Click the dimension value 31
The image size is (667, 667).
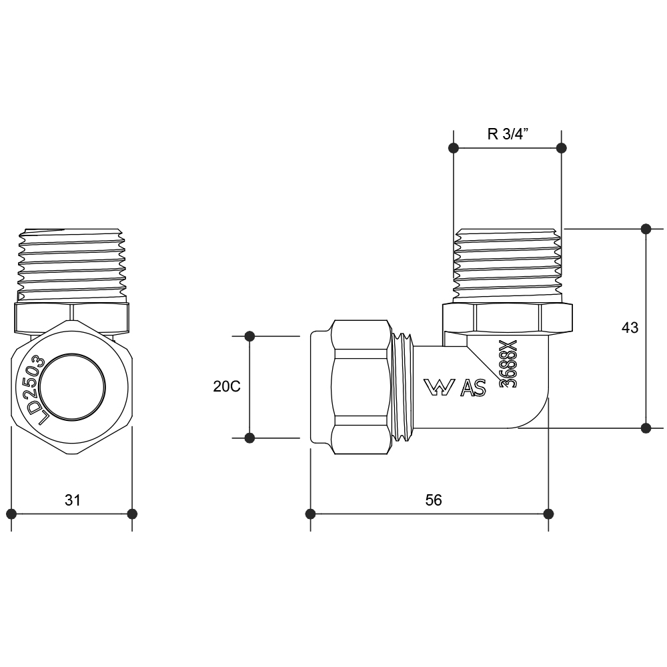pyautogui.click(x=73, y=500)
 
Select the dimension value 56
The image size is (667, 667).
pyautogui.click(x=434, y=500)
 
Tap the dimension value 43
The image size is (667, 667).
pyautogui.click(x=630, y=327)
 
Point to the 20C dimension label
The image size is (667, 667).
pyautogui.click(x=227, y=386)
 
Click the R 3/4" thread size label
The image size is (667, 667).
pyautogui.click(x=508, y=133)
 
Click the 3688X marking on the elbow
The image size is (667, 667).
pyautogui.click(x=509, y=364)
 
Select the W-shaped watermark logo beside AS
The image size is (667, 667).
pyautogui.click(x=439, y=388)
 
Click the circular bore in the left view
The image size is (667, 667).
pyautogui.click(x=72, y=387)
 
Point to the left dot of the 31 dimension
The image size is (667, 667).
pyautogui.click(x=11, y=514)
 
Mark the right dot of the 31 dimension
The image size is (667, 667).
pyautogui.click(x=132, y=514)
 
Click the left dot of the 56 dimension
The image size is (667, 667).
pyautogui.click(x=311, y=514)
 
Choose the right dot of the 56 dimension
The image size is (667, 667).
pyautogui.click(x=548, y=514)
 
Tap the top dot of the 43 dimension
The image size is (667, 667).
pyautogui.click(x=646, y=229)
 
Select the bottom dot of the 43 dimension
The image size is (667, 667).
pyautogui.click(x=646, y=428)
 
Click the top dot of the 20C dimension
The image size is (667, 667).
pyautogui.click(x=249, y=336)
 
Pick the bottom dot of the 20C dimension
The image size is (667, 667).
pyautogui.click(x=249, y=438)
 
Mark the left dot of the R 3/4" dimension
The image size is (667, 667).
pyautogui.click(x=454, y=147)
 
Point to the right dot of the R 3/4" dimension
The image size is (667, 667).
pyautogui.click(x=562, y=147)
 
